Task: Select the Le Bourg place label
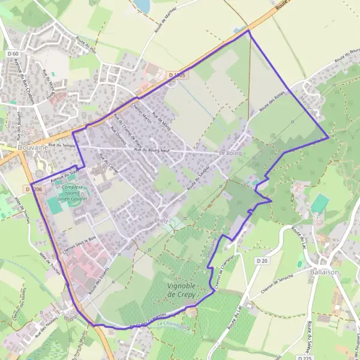pos(230,153)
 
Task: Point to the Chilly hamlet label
pos(161,220)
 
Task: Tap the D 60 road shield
pos(10,54)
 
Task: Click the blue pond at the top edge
pos(142,5)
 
